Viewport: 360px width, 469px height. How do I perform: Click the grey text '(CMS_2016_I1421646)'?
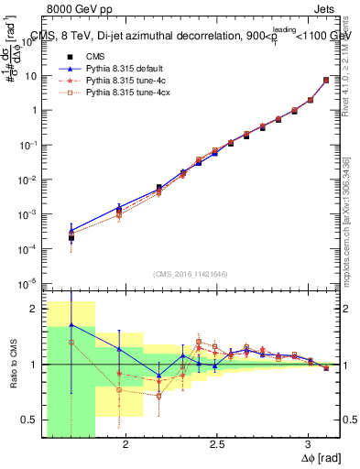[191, 274]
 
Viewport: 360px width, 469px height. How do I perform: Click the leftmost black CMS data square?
[71, 238]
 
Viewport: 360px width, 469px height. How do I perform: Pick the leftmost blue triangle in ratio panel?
[71, 325]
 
